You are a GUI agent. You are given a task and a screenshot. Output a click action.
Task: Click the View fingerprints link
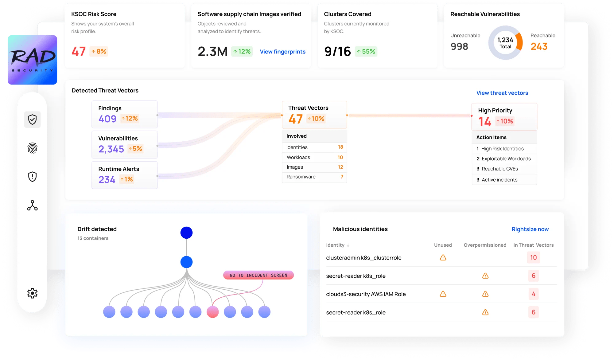click(x=282, y=52)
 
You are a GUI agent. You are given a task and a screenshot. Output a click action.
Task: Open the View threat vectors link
click(x=502, y=93)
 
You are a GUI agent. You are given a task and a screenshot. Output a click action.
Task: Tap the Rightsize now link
click(x=530, y=229)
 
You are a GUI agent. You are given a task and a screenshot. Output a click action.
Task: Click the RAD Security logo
click(x=32, y=60)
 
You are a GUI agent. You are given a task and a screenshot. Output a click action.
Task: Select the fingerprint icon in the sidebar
click(x=32, y=148)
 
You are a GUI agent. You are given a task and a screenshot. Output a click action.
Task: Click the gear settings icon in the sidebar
click(x=32, y=293)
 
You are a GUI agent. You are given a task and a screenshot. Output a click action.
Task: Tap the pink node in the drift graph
click(x=212, y=312)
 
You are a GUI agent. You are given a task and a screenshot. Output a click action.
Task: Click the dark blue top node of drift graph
click(x=186, y=233)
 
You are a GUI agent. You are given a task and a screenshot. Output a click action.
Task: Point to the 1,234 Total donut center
click(x=505, y=43)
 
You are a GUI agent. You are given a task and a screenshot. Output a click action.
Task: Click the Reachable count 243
click(x=539, y=46)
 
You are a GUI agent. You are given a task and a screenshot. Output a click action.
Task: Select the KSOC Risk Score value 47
click(x=79, y=51)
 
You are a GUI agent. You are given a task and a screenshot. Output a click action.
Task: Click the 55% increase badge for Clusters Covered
click(x=366, y=51)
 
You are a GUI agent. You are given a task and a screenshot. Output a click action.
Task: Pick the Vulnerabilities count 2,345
click(x=111, y=149)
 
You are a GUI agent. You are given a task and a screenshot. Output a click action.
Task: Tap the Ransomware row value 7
click(x=342, y=177)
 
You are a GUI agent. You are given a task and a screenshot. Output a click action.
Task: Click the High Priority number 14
click(x=485, y=122)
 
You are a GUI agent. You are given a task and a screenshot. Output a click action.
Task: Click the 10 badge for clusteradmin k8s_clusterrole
click(x=533, y=257)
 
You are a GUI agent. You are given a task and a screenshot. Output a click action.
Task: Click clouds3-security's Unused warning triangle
click(x=443, y=294)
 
